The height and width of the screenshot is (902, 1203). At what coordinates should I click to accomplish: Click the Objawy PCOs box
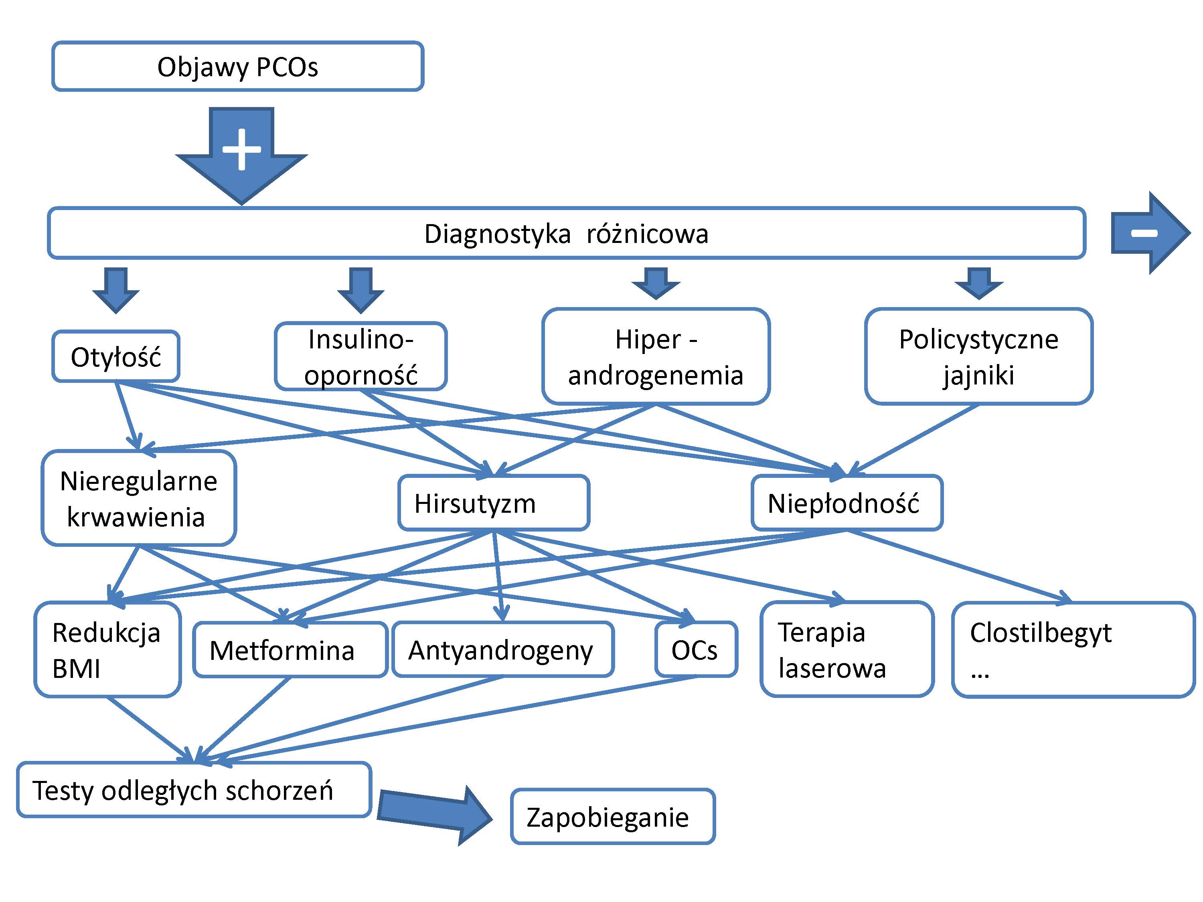point(238,66)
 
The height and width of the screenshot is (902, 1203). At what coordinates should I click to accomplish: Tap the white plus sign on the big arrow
point(241,149)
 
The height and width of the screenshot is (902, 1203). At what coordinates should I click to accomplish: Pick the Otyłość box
point(116,357)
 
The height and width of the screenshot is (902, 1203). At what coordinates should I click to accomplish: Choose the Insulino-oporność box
point(360,357)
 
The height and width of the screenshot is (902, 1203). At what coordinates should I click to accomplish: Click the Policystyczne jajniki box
point(978,357)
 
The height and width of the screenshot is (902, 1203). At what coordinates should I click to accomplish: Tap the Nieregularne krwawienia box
point(139,498)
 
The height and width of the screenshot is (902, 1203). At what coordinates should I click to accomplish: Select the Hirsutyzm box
point(493,503)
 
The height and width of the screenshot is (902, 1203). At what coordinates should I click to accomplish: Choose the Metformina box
point(290,650)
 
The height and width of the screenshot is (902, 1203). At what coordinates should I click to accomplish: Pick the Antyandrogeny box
point(502,650)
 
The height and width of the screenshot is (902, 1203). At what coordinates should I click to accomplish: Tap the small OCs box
point(696,650)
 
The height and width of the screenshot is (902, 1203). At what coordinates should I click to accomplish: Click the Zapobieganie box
point(612,817)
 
